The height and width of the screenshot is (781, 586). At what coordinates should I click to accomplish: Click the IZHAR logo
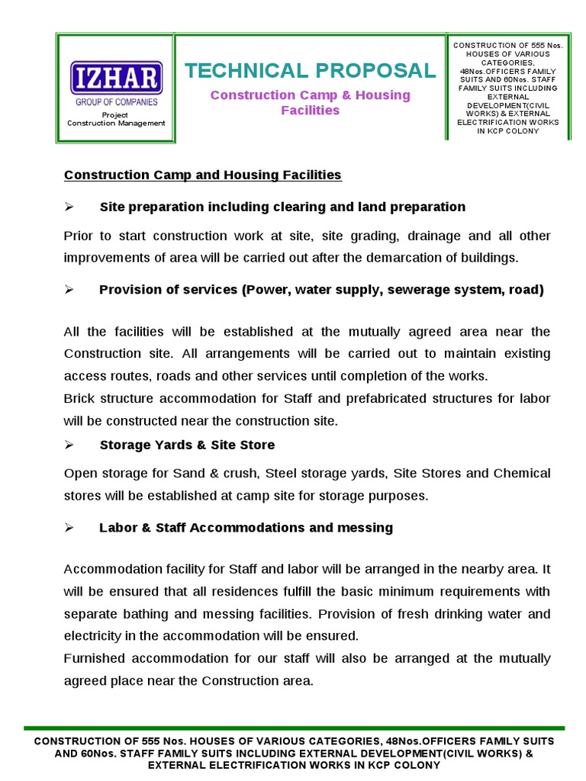coord(116,79)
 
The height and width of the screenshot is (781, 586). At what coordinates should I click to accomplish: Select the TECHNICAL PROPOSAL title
coord(310,71)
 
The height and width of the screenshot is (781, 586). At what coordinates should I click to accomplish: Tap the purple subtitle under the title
coord(310,102)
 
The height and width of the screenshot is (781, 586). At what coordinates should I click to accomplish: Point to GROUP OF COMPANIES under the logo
coord(116,101)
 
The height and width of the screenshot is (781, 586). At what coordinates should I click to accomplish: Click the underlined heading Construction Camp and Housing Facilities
coord(202,175)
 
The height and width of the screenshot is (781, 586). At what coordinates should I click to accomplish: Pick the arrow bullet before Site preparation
coord(68,207)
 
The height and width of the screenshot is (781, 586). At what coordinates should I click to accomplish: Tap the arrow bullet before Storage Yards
coord(68,445)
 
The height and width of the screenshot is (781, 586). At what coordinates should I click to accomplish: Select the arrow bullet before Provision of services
coord(68,291)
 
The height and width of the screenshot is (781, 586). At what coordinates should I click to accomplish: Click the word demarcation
coord(382,258)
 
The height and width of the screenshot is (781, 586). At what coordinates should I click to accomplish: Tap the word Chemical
coord(521,474)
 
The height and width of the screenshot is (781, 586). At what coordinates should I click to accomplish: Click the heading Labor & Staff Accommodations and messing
coord(246,528)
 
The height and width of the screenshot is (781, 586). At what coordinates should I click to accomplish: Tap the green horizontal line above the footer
coord(294,728)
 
